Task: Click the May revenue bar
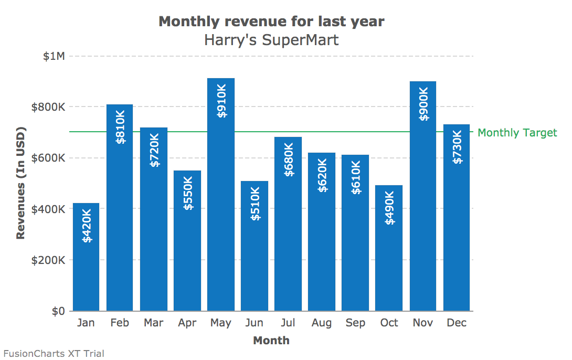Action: tap(221, 210)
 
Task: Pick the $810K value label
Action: tap(120, 126)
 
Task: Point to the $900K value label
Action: tap(423, 104)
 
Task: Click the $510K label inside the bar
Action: tap(255, 203)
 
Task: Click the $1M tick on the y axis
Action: tap(54, 56)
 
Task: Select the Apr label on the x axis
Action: tap(187, 323)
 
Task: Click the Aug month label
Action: tap(322, 323)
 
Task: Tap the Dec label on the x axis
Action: tap(457, 323)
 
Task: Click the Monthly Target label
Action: tap(517, 132)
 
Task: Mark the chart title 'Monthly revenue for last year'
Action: tap(271, 22)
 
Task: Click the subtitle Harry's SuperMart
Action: tap(271, 39)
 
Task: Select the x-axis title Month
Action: tap(271, 341)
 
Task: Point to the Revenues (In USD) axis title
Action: tap(21, 183)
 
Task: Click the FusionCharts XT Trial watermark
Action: tap(54, 354)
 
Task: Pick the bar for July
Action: tap(288, 236)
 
